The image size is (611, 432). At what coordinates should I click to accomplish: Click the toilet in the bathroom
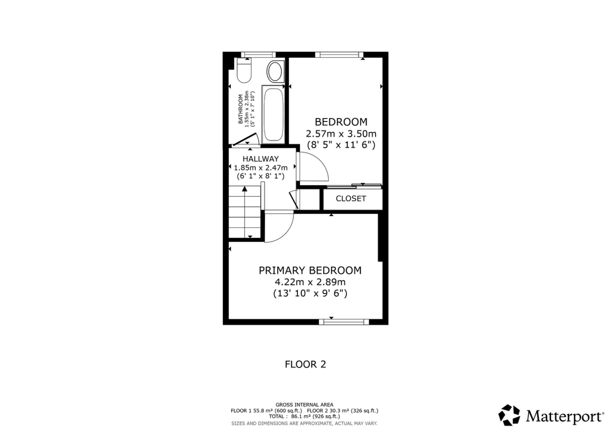pyautogui.click(x=244, y=71)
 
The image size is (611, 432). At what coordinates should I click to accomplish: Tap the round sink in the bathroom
pyautogui.click(x=275, y=72)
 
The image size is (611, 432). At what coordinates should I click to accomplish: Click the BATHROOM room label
pyautogui.click(x=240, y=109)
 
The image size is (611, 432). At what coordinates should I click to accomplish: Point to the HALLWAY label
pyautogui.click(x=260, y=159)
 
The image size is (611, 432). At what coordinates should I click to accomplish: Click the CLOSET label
pyautogui.click(x=351, y=199)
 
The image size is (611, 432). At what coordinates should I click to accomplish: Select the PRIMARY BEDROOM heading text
pyautogui.click(x=310, y=271)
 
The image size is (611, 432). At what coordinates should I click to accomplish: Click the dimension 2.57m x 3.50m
pyautogui.click(x=341, y=134)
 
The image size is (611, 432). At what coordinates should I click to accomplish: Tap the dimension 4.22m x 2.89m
pyautogui.click(x=310, y=282)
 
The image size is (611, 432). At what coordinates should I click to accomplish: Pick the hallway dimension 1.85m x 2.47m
pyautogui.click(x=260, y=168)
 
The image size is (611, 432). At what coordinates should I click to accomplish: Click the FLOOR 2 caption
pyautogui.click(x=305, y=364)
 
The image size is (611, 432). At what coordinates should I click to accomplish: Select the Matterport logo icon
pyautogui.click(x=509, y=415)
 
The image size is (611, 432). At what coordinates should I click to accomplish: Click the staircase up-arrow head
pyautogui.click(x=245, y=189)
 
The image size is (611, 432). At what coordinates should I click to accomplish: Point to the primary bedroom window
pyautogui.click(x=344, y=322)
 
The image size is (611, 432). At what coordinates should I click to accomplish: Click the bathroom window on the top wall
pyautogui.click(x=258, y=55)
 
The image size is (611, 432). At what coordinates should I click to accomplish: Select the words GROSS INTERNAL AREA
pyautogui.click(x=304, y=405)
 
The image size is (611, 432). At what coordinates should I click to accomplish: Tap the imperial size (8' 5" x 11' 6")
pyautogui.click(x=341, y=145)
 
